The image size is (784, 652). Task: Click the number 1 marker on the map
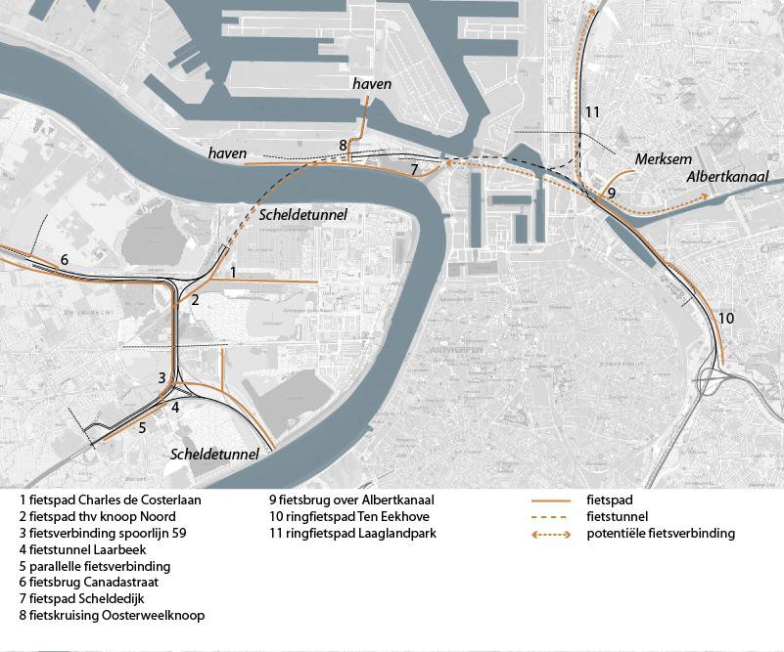coord(233,271)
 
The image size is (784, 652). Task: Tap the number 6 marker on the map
coord(64,260)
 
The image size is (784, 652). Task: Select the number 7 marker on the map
coord(415,170)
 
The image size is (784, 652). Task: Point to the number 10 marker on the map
coord(725,319)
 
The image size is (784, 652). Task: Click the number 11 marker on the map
coord(591,112)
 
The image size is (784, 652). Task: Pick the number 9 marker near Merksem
coord(611,195)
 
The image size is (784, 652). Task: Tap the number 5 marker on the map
coord(142,427)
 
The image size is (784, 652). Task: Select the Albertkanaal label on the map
coord(727,176)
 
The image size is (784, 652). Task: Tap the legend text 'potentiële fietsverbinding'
coord(660,534)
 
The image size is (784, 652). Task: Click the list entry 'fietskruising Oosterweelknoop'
coord(117,616)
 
